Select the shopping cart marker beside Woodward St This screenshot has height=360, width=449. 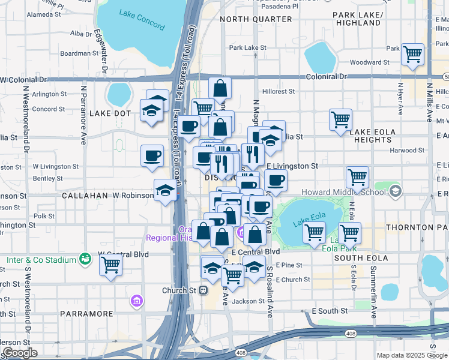click(412, 55)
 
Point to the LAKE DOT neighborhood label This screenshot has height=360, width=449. click(110, 113)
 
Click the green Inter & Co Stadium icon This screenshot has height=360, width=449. click(86, 259)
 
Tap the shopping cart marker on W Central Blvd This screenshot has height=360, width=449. click(110, 264)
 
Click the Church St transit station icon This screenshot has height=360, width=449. click(203, 290)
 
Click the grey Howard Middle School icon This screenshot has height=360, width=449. click(395, 191)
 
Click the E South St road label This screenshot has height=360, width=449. click(330, 311)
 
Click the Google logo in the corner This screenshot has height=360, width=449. click(20, 353)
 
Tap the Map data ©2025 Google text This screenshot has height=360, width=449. click(411, 355)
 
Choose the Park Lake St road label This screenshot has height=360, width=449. click(247, 47)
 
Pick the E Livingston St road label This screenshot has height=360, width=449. click(292, 166)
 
